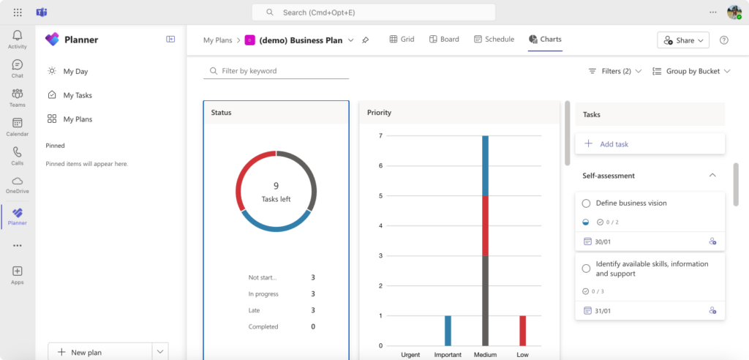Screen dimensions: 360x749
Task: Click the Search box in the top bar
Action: (373, 12)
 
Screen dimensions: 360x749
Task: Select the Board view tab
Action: (444, 40)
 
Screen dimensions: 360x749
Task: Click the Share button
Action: (683, 40)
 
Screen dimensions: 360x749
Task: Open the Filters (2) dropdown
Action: (615, 71)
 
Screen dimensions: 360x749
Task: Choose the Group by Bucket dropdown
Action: (691, 71)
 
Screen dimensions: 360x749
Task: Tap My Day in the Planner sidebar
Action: (75, 72)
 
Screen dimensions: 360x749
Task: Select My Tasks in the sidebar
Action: (78, 95)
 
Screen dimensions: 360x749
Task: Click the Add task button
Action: (614, 144)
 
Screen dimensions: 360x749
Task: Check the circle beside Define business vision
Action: (586, 203)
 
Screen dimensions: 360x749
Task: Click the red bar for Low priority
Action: (522, 331)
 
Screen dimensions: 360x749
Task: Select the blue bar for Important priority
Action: (448, 331)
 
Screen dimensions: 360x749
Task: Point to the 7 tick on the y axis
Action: (380, 136)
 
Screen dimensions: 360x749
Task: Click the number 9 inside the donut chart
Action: (276, 187)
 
